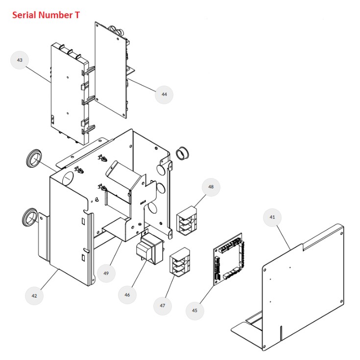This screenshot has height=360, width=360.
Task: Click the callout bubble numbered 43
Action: click(20, 60)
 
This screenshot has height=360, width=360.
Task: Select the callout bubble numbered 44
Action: click(164, 94)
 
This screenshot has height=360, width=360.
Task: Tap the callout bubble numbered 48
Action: click(211, 186)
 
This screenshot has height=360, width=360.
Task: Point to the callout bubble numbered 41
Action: click(272, 216)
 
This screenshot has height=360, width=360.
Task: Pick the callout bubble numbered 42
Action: click(34, 295)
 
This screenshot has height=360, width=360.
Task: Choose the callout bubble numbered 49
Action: click(106, 273)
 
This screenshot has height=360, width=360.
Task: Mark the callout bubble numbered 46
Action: click(127, 294)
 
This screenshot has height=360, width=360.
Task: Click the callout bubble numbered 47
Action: click(163, 306)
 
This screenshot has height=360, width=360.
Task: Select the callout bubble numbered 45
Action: click(194, 310)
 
